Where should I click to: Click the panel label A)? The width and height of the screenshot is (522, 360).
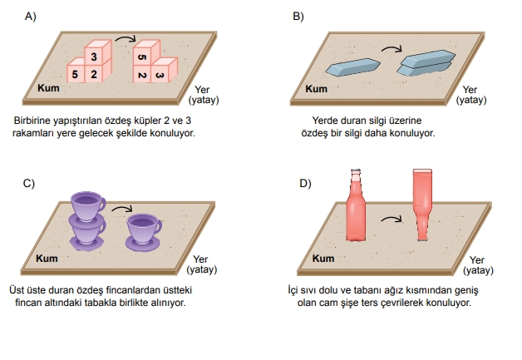31,15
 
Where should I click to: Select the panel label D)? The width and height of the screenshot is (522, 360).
304,182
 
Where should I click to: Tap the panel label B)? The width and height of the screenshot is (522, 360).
298,15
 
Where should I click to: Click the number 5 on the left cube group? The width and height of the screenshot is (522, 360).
75,75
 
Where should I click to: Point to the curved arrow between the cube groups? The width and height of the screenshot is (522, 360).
125,37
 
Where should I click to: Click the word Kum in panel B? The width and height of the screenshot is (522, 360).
316,88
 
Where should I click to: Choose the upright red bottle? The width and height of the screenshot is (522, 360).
356,209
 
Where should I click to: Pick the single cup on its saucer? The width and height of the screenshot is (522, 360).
143,229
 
